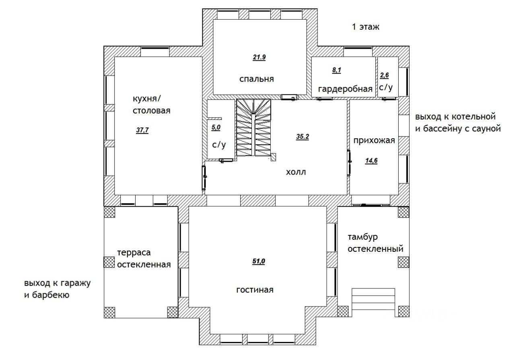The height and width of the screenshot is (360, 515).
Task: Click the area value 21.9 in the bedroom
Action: (259, 57)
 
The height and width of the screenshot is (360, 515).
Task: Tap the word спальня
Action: (257, 79)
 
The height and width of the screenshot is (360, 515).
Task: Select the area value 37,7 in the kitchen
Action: (142, 130)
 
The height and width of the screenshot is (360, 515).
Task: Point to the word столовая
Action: (152, 111)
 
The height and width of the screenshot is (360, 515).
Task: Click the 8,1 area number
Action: (337, 70)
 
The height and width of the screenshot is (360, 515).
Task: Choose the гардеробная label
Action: (345, 89)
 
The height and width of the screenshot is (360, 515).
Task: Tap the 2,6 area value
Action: (384, 75)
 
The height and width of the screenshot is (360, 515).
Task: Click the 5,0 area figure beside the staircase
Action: (216, 128)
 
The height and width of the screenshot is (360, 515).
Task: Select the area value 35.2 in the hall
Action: (303, 136)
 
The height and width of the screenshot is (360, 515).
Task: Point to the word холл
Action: (296, 172)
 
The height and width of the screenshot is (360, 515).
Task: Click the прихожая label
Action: (374, 140)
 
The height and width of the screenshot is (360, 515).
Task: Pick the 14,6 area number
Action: (371, 160)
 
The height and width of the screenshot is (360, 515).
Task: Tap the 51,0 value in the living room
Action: (259, 261)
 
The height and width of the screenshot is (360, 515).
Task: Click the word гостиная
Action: (255, 290)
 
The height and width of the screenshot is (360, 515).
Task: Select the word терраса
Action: (134, 253)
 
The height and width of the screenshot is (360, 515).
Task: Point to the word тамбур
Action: (363, 237)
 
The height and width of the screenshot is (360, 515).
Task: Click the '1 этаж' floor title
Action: (366, 27)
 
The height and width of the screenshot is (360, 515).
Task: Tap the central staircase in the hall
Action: (253, 128)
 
